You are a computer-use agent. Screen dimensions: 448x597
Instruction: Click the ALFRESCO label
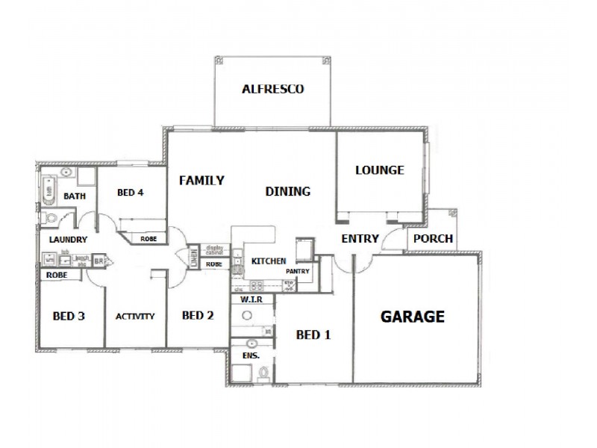click(272, 89)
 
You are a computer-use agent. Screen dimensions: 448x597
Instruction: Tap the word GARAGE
click(413, 317)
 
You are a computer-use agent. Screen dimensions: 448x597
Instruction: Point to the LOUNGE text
click(379, 170)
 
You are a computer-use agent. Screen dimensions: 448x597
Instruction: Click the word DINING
click(287, 192)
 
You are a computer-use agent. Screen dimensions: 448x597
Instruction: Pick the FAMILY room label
click(201, 180)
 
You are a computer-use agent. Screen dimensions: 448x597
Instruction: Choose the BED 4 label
click(130, 193)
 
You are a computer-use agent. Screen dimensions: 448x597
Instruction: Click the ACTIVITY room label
click(135, 317)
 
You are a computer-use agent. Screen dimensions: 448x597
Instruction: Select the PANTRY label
click(298, 272)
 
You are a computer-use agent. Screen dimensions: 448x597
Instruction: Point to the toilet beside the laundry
click(50, 219)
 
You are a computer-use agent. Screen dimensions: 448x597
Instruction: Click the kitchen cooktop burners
click(257, 284)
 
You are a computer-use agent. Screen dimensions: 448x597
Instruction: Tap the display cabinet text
click(215, 250)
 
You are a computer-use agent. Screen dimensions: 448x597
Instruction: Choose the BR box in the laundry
click(98, 262)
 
